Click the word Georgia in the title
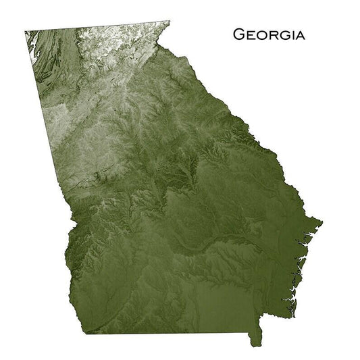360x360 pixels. (268, 34)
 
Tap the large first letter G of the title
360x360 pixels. (238, 34)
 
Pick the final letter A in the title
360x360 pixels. (298, 34)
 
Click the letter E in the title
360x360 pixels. (249, 34)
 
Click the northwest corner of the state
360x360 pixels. (26, 32)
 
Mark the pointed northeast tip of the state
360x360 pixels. (170, 22)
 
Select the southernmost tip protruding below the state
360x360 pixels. (255, 344)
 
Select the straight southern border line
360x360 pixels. (169, 333)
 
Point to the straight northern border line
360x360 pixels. (95, 27)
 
